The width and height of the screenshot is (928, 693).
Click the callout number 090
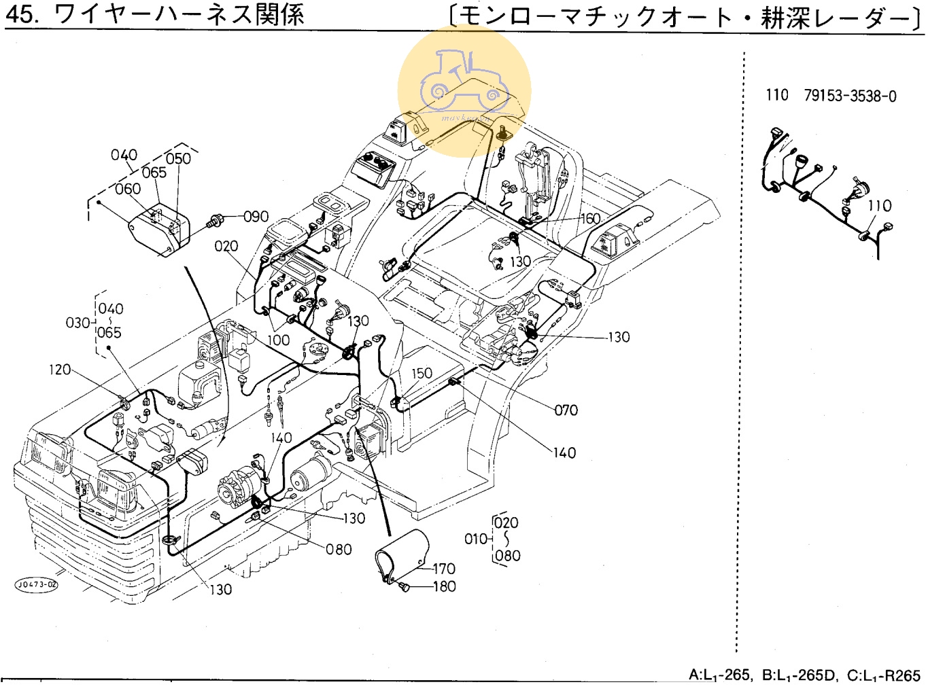point(256,217)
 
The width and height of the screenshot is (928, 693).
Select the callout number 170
point(444,569)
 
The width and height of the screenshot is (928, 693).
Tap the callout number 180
point(444,586)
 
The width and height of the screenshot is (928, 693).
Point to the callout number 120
point(60,370)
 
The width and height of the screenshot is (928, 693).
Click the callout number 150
point(422,373)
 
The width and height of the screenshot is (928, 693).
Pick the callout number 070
point(566,410)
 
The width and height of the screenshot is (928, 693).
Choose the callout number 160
point(589,219)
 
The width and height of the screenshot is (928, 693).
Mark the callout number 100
point(278,340)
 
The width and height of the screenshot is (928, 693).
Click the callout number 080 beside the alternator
point(339,549)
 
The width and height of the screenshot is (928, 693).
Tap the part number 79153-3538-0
point(850,96)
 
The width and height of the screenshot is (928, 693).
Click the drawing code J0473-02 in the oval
point(37,584)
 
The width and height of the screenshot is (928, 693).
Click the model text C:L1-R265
point(883,675)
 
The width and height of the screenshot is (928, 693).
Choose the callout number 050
point(178,158)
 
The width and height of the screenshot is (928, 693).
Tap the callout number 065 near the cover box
point(154,173)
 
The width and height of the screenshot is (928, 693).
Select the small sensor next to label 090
point(217,221)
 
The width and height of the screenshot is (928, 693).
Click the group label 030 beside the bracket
point(77,322)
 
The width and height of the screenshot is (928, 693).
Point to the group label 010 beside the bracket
point(476,539)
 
